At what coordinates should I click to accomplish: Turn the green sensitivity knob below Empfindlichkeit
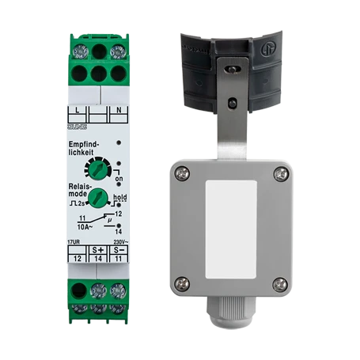click(x=99, y=167)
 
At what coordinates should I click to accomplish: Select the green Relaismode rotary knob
click(x=98, y=196)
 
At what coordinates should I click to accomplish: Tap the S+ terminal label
click(x=99, y=248)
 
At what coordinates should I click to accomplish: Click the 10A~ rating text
click(x=79, y=224)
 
